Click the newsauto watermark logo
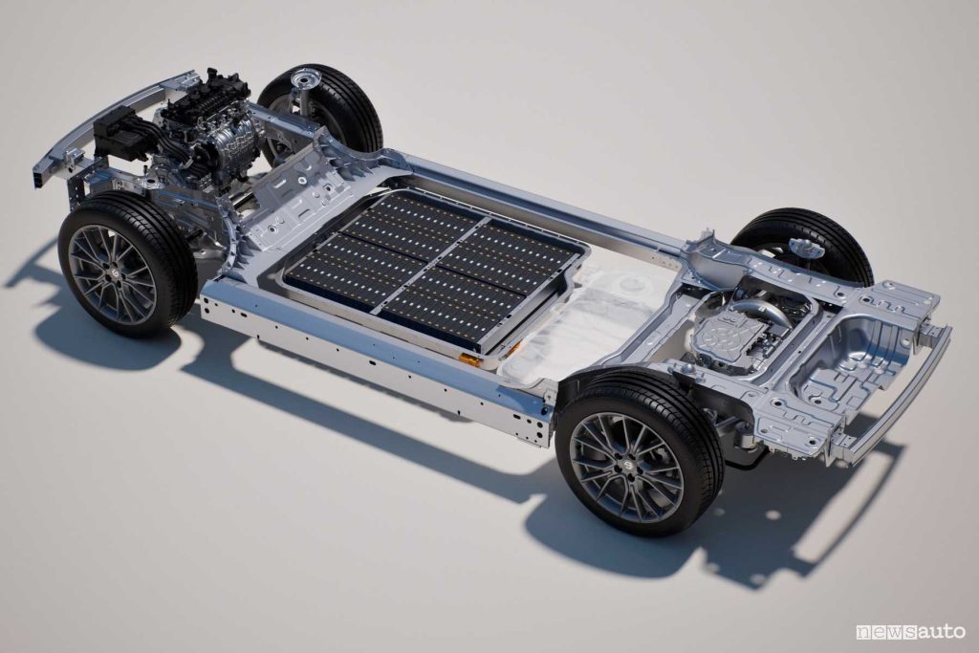click(x=911, y=632)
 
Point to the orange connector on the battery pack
click(x=470, y=359)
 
